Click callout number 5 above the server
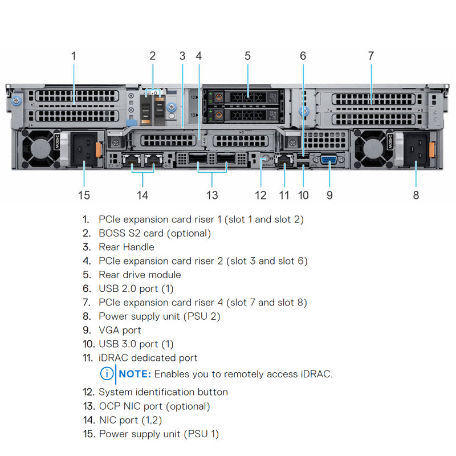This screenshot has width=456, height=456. coord(247,56)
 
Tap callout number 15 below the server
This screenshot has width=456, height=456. coord(84,195)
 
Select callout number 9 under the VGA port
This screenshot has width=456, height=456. coord(329,195)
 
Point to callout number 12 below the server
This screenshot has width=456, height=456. coord(260,195)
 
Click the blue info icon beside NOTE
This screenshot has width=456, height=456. coord(107,374)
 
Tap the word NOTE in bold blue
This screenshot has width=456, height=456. coord(135,374)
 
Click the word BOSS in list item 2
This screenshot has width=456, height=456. coord(112,233)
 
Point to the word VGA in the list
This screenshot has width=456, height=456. coord(109,330)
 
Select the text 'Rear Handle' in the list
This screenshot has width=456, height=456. coord(127,247)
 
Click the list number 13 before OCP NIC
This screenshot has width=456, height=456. coord(88,406)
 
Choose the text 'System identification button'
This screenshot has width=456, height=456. coord(163,392)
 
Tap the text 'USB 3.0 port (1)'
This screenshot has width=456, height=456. coord(136,344)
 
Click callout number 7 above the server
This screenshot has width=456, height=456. coord(370,56)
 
